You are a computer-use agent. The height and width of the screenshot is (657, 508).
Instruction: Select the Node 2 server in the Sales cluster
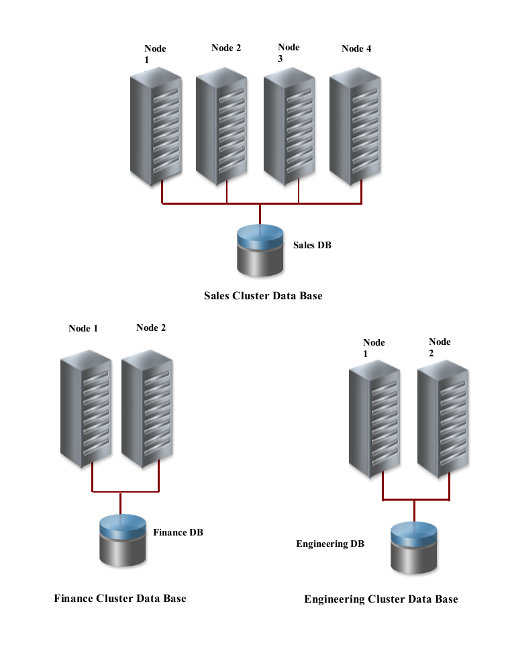coord(222,128)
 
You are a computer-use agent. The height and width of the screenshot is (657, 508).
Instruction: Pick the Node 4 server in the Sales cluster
coord(356,128)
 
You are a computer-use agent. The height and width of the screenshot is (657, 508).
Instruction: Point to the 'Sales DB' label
coord(312,245)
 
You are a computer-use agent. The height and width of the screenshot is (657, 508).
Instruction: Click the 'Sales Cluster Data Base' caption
coord(263,295)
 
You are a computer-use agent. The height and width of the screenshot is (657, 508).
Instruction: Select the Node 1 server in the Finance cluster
coord(85,408)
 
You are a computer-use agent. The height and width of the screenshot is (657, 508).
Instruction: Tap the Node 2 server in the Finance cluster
coord(147,408)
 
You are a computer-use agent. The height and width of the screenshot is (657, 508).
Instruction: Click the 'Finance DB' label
coord(178,532)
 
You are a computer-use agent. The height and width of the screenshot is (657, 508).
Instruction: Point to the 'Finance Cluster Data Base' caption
coord(120,598)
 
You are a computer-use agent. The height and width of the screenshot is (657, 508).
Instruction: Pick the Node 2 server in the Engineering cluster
coord(443,419)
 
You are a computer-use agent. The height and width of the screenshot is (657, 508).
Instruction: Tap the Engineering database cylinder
coord(414,549)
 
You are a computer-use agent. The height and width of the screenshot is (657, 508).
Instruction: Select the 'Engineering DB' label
coord(330,544)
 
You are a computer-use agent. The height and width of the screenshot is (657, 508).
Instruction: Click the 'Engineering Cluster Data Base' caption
coord(381,599)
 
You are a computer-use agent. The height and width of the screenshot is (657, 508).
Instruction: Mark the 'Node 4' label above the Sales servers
coord(356,48)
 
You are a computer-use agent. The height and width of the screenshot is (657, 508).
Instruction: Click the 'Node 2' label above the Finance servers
coord(151,327)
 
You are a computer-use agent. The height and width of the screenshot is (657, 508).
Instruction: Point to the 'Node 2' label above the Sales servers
coord(226,48)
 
